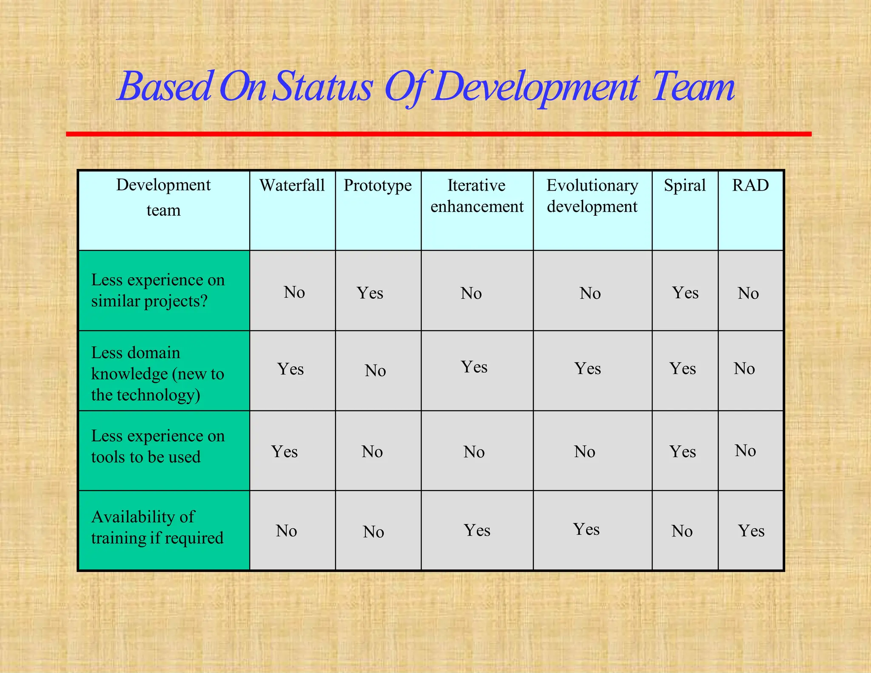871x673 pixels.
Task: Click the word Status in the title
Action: [322, 87]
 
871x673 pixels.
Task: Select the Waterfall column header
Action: [292, 185]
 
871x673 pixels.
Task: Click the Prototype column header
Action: [378, 185]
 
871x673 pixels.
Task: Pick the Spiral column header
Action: [685, 185]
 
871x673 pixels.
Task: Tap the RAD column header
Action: [750, 185]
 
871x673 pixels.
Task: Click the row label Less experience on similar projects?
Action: [158, 291]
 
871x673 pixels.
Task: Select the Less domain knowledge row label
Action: [157, 374]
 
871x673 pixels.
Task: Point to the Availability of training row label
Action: [157, 528]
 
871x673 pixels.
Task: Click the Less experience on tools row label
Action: [158, 446]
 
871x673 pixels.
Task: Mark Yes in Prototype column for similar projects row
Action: [370, 293]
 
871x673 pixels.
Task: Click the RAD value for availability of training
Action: [751, 531]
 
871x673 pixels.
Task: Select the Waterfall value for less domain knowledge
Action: [290, 369]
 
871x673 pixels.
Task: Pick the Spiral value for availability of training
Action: [682, 531]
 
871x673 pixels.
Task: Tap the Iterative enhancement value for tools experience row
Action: [474, 452]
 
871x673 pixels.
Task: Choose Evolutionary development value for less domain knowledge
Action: [587, 368]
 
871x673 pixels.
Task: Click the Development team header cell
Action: [164, 197]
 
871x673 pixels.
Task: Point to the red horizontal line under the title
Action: [438, 134]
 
